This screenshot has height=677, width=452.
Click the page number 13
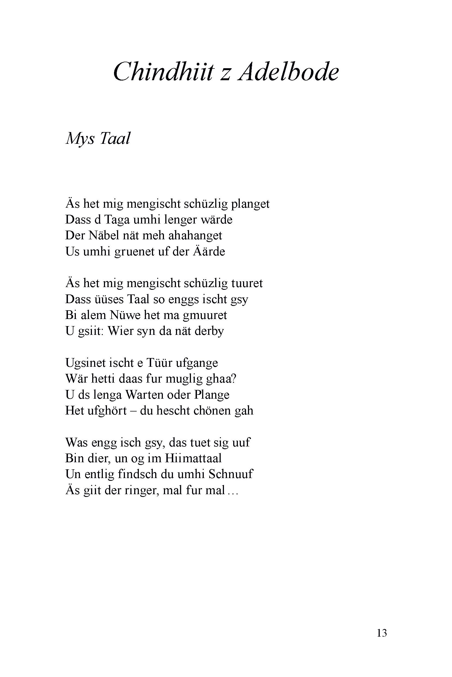[382, 633]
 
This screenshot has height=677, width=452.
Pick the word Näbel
[104, 235]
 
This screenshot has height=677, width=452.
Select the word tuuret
[247, 283]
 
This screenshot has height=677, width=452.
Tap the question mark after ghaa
[234, 378]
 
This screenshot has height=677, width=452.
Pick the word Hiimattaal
[193, 458]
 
